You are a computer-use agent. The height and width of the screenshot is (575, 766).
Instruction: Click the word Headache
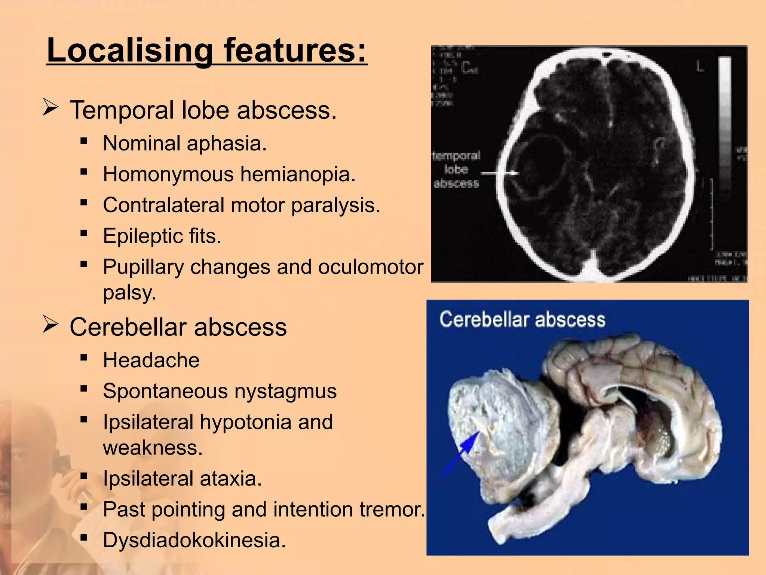click(x=151, y=360)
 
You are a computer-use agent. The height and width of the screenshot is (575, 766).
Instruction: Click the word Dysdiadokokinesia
click(x=194, y=540)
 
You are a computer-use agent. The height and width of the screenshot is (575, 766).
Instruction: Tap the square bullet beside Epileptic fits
click(x=84, y=234)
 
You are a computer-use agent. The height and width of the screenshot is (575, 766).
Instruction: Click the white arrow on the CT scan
click(x=500, y=173)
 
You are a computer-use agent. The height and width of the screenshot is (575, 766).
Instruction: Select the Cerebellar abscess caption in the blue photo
click(x=522, y=320)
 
